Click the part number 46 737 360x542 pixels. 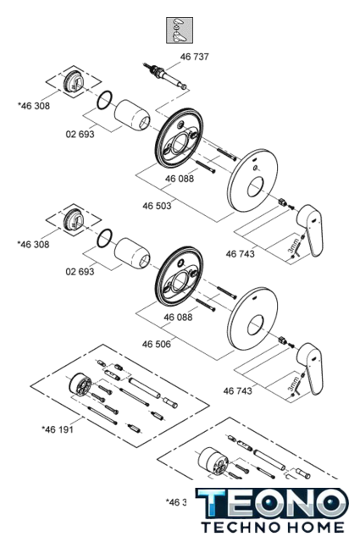pos(194,57)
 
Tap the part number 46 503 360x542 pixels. pos(157,206)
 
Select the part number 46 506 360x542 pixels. pos(157,345)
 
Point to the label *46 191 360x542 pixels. pos(58,429)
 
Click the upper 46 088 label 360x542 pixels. pos(180,179)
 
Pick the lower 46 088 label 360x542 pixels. pos(178,318)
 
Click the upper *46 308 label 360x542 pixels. pos(34,106)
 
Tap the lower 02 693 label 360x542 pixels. pos(80,272)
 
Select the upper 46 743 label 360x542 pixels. pos(240,254)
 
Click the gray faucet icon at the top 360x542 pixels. pos(180,30)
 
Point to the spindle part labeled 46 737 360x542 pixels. pos(166,76)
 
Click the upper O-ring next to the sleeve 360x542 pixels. pos(105,100)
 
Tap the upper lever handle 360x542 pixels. pos(310,230)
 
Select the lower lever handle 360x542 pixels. pos(310,368)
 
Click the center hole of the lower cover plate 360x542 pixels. pos(256,325)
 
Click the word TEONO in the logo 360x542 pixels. pos(272,503)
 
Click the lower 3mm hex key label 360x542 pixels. pos(293,384)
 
